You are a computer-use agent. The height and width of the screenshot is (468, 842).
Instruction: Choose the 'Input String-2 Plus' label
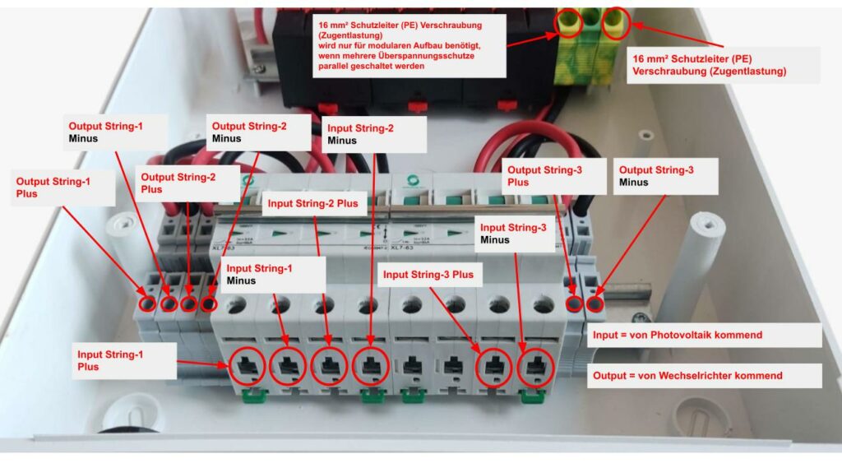[x=311, y=203]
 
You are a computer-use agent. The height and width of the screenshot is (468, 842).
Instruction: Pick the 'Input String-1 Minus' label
[x=272, y=274]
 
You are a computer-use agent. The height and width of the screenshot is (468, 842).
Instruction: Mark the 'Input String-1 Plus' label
[x=123, y=360]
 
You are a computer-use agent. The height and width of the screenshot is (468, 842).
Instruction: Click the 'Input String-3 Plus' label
[x=428, y=275]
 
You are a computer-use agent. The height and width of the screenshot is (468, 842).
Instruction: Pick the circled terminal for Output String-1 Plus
[x=148, y=304]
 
